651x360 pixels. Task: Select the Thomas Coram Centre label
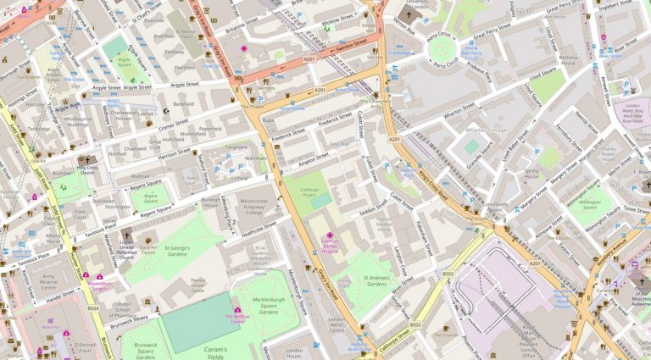point(198,284)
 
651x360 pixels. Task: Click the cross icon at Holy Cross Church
point(85,159)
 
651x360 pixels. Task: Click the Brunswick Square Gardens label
point(142,348)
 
